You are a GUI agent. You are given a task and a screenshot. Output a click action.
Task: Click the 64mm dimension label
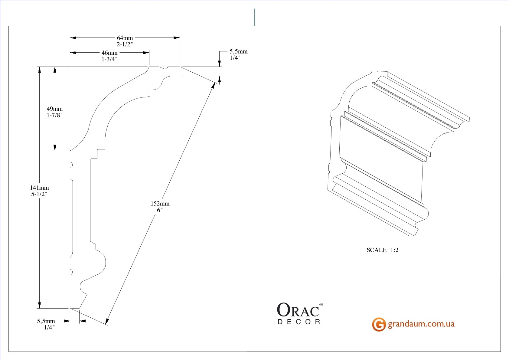point(125,38)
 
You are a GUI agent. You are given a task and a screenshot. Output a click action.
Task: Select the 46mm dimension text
point(109,53)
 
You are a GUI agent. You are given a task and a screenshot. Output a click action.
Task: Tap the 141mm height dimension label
point(39,188)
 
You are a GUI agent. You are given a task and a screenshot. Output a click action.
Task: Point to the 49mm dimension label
point(55,109)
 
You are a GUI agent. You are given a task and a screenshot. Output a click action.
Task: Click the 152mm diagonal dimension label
point(160,204)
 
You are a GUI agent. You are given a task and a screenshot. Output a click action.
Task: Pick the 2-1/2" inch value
point(125,44)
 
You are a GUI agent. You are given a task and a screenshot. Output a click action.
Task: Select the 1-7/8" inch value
point(55,115)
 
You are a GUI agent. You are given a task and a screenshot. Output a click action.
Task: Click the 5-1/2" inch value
point(39,194)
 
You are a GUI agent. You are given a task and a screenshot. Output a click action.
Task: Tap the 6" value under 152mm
point(160,210)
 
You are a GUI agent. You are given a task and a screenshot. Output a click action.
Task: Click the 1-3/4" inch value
point(109,59)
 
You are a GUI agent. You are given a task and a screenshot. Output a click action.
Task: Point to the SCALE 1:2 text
point(382,250)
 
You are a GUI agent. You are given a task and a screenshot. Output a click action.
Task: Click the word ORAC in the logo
point(298,310)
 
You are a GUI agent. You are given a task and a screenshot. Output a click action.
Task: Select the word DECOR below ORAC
point(299,322)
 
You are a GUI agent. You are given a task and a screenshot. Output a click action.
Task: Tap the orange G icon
point(379,324)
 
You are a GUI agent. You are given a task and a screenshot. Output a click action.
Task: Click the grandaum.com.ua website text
point(421,324)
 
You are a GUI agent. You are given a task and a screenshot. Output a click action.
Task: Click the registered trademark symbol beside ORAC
point(321,305)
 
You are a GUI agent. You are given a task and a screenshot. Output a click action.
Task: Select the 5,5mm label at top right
point(238,52)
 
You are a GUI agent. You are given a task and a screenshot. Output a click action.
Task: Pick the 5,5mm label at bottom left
point(46,321)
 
